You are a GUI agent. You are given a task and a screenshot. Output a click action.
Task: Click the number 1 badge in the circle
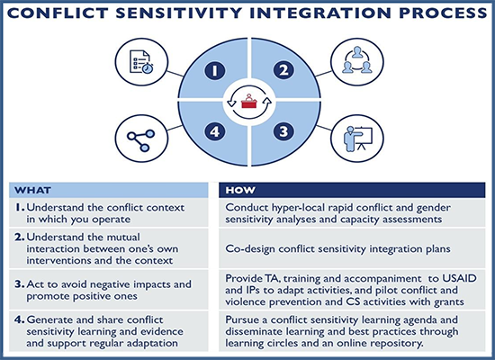click(x=215, y=70)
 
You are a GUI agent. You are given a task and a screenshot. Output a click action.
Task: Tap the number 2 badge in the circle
click(x=283, y=70)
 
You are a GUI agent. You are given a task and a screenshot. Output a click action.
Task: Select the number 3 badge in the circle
click(x=283, y=131)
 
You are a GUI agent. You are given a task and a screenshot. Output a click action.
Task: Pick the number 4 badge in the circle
click(x=215, y=131)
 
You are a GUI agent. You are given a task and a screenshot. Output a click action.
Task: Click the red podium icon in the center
click(x=248, y=101)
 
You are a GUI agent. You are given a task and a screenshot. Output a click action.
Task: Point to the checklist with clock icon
click(x=141, y=62)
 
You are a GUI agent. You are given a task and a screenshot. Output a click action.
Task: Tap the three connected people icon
click(x=357, y=60)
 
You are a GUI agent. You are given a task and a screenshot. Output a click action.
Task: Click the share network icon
click(x=140, y=139)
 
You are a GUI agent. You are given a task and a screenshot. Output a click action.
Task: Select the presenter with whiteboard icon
click(x=358, y=139)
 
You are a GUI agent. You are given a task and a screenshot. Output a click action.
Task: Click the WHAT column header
click(x=32, y=191)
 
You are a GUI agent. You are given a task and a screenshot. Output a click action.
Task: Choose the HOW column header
click(x=240, y=190)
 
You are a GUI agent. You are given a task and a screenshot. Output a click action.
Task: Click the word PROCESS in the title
click(x=443, y=13)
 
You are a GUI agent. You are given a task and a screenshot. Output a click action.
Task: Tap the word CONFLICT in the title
click(x=58, y=13)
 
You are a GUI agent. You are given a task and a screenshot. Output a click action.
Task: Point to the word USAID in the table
click(x=459, y=278)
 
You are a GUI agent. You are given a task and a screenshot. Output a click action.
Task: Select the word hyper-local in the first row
click(x=292, y=208)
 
